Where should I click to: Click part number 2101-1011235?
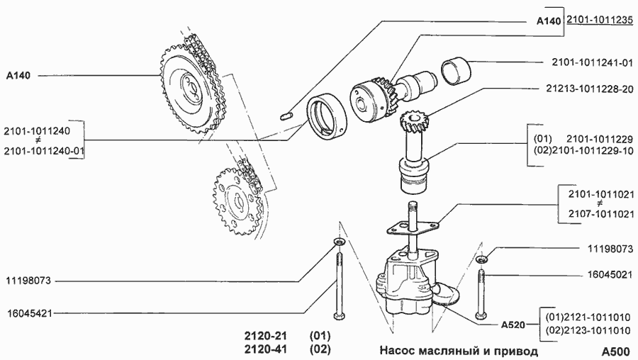[599, 21]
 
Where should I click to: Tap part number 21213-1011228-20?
[590, 89]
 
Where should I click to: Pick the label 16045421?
[29, 313]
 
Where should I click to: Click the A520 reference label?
[512, 325]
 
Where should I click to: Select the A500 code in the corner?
[615, 351]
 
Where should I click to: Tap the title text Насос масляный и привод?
[459, 351]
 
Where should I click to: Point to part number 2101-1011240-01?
[43, 151]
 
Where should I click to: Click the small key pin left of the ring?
[288, 114]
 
